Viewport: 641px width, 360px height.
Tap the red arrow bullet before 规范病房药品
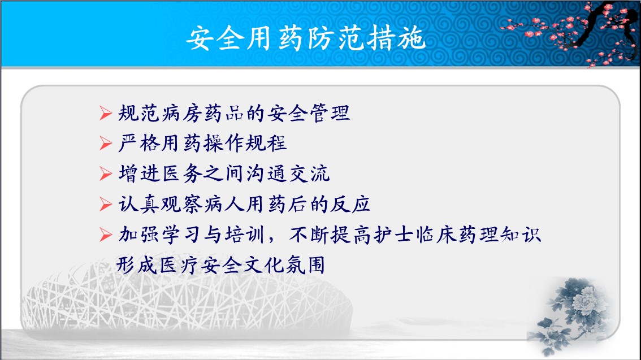(106, 113)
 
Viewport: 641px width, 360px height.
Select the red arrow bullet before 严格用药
(106, 144)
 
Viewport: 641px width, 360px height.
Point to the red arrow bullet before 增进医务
(106, 174)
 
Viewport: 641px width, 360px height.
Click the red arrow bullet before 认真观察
(106, 204)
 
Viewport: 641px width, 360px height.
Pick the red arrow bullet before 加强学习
(106, 235)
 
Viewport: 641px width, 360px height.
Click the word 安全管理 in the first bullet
(309, 113)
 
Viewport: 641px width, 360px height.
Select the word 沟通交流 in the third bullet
(288, 174)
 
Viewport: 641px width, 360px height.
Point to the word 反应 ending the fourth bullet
(350, 204)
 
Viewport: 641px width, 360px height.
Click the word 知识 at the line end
(521, 235)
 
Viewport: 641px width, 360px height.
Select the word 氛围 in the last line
(305, 265)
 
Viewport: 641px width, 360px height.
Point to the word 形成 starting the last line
(136, 265)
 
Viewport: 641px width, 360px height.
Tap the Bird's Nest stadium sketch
(186, 296)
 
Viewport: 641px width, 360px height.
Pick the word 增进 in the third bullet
(138, 174)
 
